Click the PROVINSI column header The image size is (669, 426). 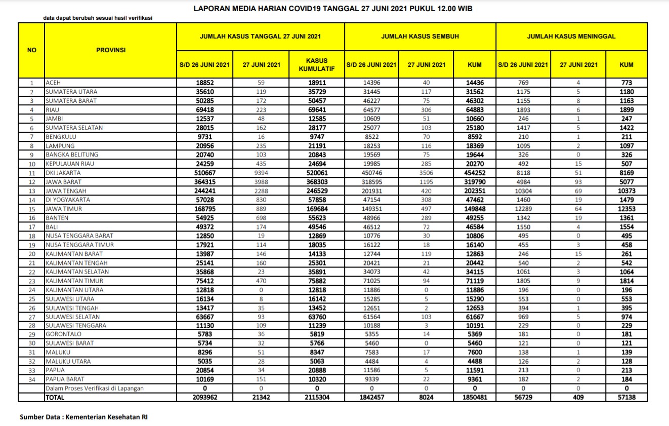tap(111, 50)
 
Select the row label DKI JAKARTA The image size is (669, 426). tap(63, 173)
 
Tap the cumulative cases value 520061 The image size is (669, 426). tap(317, 173)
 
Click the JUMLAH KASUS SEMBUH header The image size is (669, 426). tap(420, 36)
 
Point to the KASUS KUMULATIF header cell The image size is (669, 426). tap(317, 64)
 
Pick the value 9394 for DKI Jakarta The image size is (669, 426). tap(261, 173)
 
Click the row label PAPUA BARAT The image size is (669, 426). tap(65, 379)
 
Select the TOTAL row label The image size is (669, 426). tap(55, 398)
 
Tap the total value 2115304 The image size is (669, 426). tap(317, 398)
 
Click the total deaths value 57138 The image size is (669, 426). tap(626, 398)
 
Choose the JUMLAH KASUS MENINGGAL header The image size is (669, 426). tap(571, 36)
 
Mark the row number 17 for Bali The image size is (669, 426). tap(31, 227)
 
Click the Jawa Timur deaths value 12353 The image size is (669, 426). tap(626, 209)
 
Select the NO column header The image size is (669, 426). tap(31, 50)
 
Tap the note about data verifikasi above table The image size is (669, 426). tap(98, 18)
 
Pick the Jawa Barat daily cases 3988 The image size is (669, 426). tap(261, 182)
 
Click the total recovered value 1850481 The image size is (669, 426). tap(475, 398)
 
